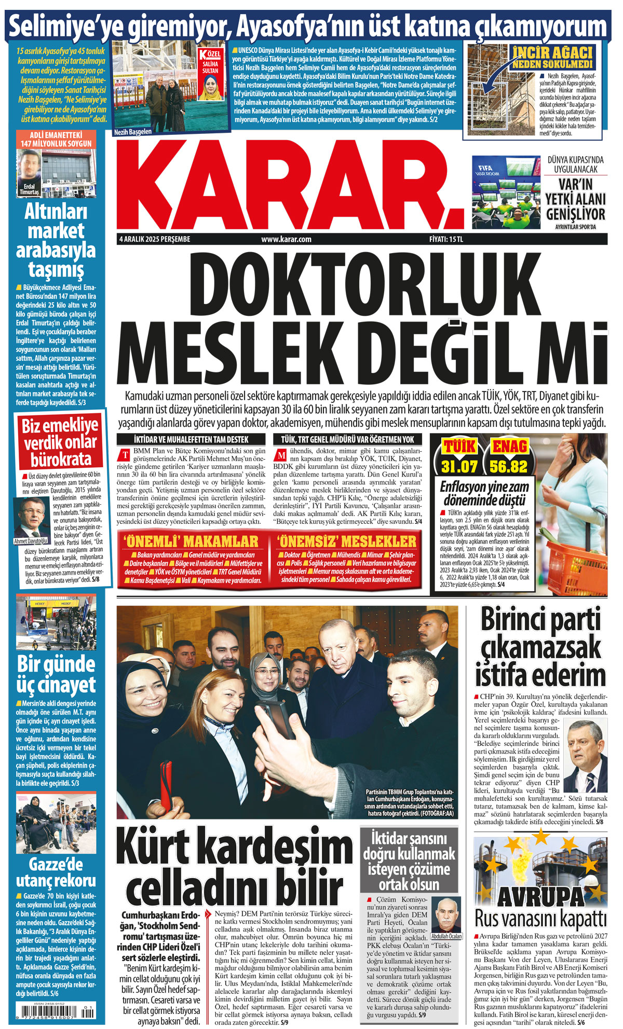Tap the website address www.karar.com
pos(286,239)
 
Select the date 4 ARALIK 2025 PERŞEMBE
pos(155,239)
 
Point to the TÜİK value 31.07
pos(459,466)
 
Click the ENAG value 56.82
pos(508,466)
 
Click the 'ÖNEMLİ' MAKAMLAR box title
pos(191,541)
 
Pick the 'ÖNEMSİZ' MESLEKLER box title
pos(346,541)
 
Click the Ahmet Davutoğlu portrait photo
pos(31,519)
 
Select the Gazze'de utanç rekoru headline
pos(56,872)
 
